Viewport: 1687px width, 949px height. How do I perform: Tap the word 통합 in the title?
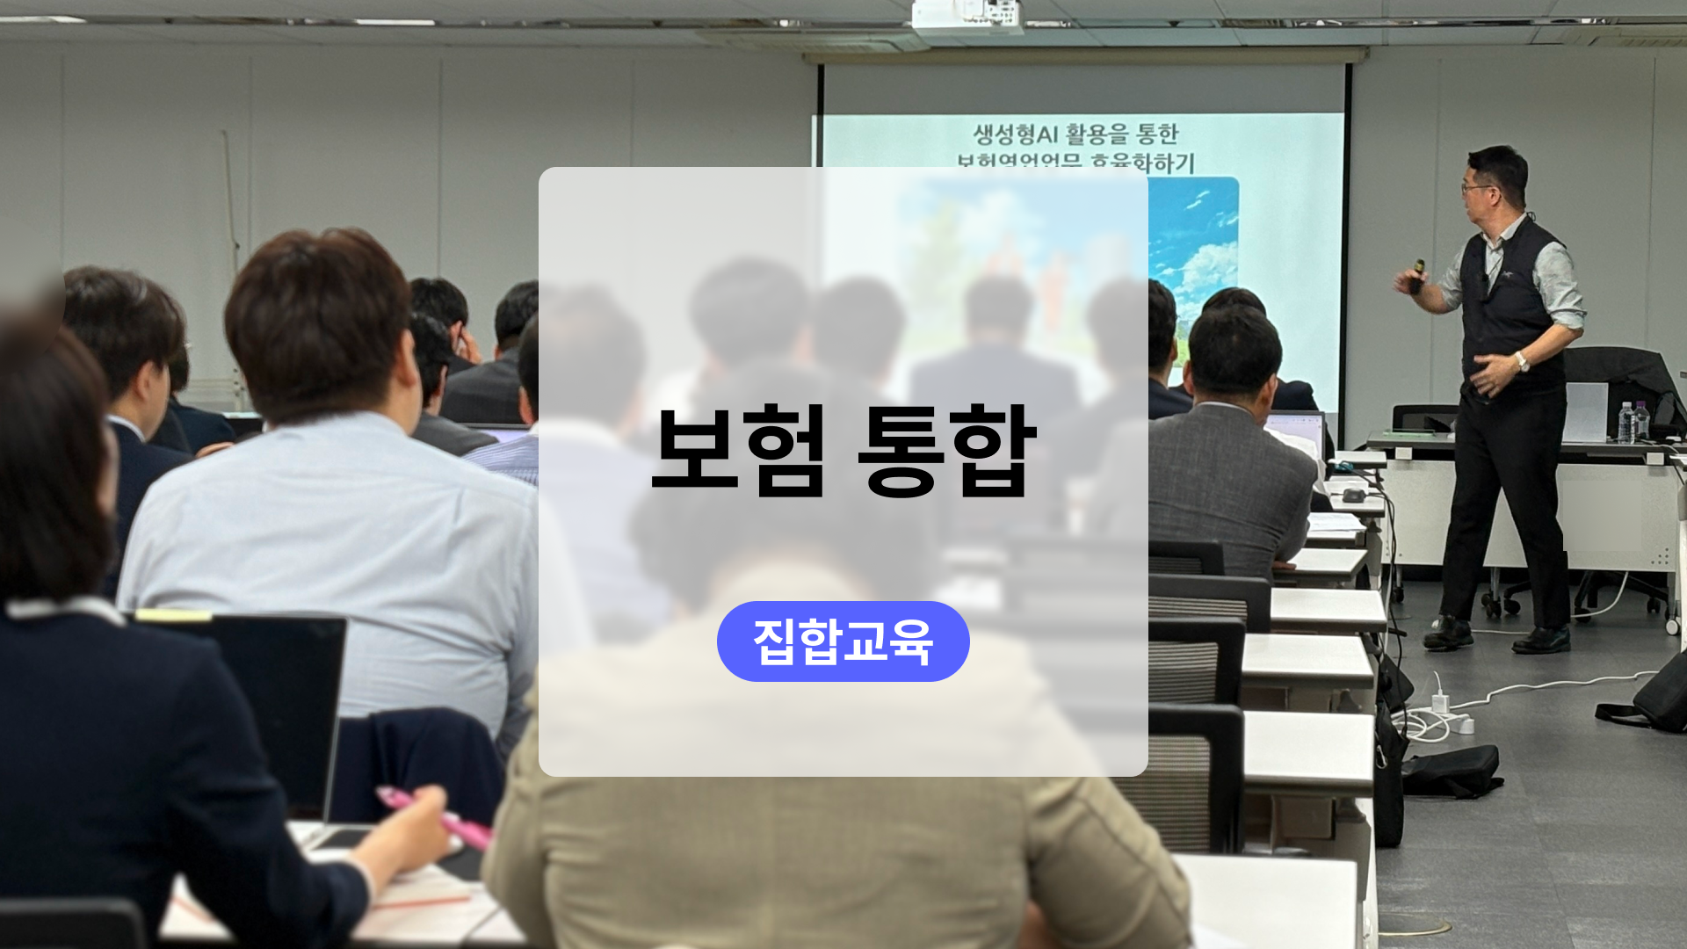[947, 451]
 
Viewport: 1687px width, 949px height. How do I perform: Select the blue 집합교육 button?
[843, 641]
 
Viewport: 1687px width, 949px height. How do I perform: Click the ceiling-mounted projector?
[967, 16]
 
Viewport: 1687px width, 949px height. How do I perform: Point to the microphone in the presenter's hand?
[1417, 274]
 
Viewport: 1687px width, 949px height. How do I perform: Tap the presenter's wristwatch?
[1521, 360]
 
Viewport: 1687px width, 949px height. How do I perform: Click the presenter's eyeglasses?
[1472, 187]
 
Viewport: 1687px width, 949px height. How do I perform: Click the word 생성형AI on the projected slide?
[1015, 134]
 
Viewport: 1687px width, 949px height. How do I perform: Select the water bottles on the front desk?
[1633, 422]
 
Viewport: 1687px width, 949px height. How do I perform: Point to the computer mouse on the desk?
[1354, 496]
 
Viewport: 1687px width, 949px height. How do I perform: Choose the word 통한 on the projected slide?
[1156, 134]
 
